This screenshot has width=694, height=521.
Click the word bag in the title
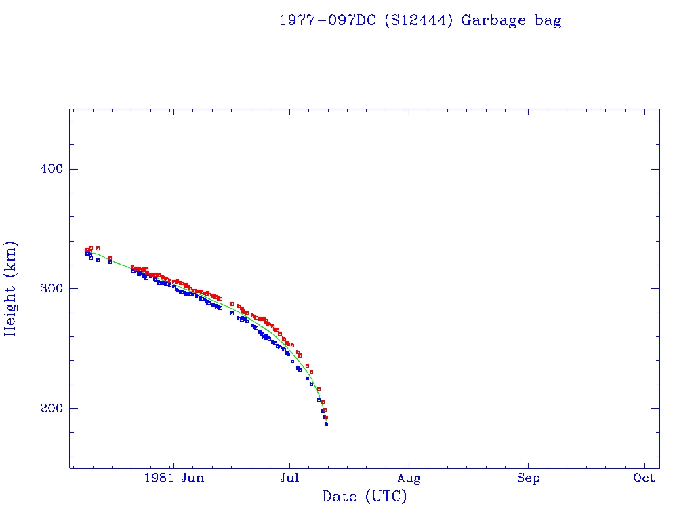click(547, 20)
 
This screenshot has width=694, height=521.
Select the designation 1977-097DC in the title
click(329, 20)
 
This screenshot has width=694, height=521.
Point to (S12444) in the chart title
click(420, 20)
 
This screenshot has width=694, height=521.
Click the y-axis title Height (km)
click(10, 288)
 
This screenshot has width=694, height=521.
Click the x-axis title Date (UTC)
click(365, 497)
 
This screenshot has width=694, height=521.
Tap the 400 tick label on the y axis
click(47, 169)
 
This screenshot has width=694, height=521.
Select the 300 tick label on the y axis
click(47, 288)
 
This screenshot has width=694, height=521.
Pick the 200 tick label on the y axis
click(47, 408)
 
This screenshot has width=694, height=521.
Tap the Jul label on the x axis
click(289, 478)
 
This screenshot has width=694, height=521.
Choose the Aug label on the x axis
click(409, 478)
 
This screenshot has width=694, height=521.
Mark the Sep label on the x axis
click(528, 478)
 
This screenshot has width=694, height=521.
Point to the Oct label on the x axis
click(645, 478)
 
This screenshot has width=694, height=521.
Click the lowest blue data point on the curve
click(326, 424)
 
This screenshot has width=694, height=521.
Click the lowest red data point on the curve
click(325, 417)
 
